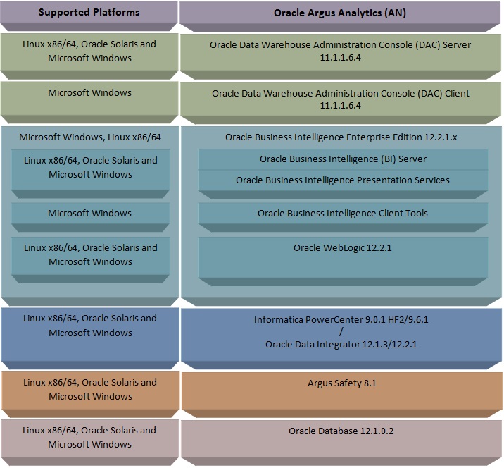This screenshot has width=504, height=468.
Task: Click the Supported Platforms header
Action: click(x=89, y=12)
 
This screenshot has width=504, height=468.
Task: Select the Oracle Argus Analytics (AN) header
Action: click(x=339, y=13)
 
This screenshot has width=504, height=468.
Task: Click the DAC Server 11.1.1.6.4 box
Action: click(x=340, y=51)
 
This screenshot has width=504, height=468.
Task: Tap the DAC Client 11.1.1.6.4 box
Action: click(x=340, y=99)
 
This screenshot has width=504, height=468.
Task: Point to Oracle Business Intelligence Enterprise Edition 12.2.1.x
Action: click(x=341, y=137)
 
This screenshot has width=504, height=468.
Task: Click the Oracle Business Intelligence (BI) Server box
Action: click(x=343, y=159)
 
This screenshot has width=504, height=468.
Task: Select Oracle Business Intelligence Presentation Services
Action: click(x=342, y=180)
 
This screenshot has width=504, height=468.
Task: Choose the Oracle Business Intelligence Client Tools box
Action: click(x=342, y=213)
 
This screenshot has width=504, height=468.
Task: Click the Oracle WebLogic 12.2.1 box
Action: click(x=342, y=248)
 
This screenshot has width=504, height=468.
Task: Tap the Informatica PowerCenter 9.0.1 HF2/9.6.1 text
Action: click(x=341, y=319)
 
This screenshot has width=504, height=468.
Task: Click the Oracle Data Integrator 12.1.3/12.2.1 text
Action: click(x=341, y=345)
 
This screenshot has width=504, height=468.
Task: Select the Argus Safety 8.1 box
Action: click(x=341, y=383)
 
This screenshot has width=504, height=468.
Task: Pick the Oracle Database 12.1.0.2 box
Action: click(x=341, y=431)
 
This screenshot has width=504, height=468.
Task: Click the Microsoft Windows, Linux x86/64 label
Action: click(x=90, y=137)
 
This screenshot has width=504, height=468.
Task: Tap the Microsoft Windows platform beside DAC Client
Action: click(x=89, y=92)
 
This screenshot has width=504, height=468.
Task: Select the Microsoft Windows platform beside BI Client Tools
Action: click(x=89, y=213)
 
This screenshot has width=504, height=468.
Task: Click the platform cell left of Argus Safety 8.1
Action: click(x=89, y=389)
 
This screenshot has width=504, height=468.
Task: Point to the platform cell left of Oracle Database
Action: click(x=89, y=437)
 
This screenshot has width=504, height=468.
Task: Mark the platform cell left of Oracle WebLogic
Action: click(x=89, y=254)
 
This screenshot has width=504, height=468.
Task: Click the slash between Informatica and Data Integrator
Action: click(x=341, y=332)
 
